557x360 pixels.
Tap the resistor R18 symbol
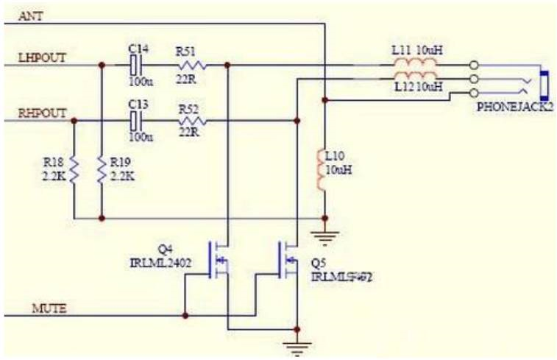coord(75,171)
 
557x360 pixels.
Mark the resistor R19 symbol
coord(102,171)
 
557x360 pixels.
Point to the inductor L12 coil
coord(415,78)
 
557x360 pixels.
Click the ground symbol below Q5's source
coord(296,347)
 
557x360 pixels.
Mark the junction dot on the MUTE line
coord(185,315)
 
